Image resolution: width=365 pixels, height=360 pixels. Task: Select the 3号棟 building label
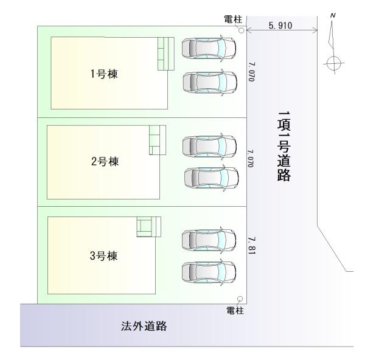pos(103,255)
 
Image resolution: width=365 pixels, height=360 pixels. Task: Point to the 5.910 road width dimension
pos(281,27)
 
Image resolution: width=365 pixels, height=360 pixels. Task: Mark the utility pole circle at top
pos(242,30)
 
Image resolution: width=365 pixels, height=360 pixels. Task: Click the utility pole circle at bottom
pos(240,299)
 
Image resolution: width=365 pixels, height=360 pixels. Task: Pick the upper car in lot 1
pos(209,47)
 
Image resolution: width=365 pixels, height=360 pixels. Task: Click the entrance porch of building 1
pos(165,54)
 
